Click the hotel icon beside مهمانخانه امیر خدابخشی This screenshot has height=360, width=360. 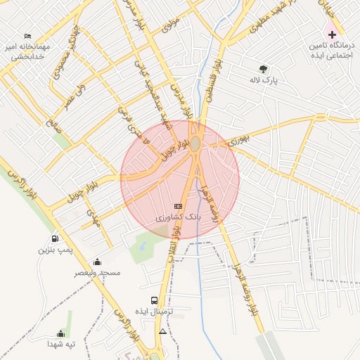tap(28, 35)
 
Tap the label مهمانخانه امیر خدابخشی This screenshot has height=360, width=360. tap(26, 51)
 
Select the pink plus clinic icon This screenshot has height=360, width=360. tap(332, 34)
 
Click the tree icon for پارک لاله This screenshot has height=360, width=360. tap(263, 69)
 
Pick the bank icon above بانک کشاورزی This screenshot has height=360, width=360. tap(178, 206)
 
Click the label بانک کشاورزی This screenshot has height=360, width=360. tap(178, 217)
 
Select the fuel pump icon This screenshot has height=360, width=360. tap(55, 238)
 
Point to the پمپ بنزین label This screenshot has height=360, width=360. tap(55, 250)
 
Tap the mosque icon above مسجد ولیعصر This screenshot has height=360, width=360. tap(97, 262)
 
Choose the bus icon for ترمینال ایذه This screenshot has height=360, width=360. tap(154, 300)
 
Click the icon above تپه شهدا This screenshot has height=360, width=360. tap(60, 333)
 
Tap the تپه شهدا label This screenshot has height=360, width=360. tap(61, 345)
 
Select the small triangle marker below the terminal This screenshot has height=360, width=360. tap(163, 330)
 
